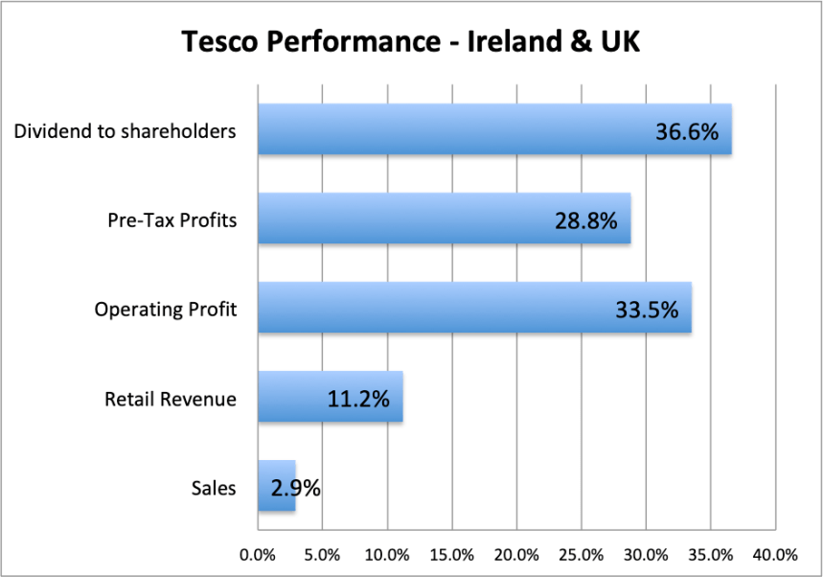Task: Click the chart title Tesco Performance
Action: (411, 42)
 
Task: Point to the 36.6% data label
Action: (687, 131)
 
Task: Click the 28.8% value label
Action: (586, 220)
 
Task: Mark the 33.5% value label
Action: (646, 310)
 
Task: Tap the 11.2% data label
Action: (357, 399)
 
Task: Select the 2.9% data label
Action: (295, 488)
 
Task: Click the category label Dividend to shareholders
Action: (125, 131)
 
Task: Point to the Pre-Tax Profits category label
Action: (171, 220)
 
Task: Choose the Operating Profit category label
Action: (165, 310)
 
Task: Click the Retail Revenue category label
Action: (170, 399)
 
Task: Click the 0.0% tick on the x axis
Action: (258, 555)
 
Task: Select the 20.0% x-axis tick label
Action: (516, 555)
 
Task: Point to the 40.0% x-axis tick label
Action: (775, 555)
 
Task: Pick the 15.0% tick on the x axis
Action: (451, 555)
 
